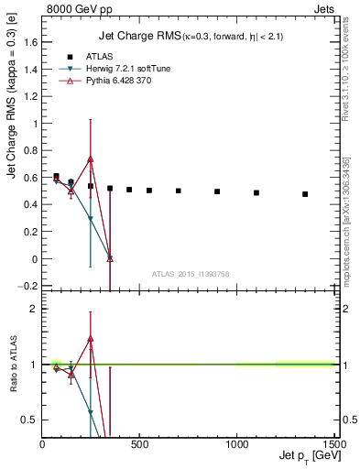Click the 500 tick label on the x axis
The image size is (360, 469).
(139, 445)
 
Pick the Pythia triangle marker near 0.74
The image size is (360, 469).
(91, 158)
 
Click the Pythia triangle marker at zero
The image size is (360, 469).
(110, 258)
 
